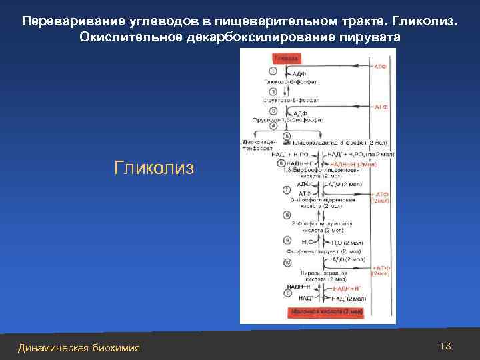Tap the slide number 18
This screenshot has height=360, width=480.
[446, 346]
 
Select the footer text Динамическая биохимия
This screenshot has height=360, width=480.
[79, 347]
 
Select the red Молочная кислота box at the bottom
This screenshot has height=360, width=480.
[326, 311]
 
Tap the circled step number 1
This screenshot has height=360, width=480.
[273, 71]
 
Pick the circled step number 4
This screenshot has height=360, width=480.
[273, 126]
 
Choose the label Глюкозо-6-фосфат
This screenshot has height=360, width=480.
[291, 82]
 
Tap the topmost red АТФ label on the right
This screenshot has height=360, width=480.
[381, 67]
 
